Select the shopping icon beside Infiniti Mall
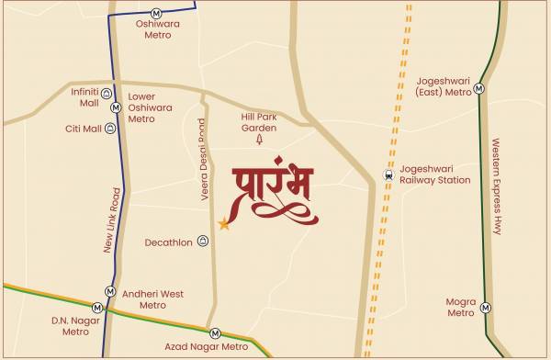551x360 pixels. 107,94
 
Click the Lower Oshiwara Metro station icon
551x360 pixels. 116,107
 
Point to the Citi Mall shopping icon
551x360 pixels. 110,129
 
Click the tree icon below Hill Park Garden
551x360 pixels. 259,141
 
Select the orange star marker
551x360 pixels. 223,223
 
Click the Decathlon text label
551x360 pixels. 169,242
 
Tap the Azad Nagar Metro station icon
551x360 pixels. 215,333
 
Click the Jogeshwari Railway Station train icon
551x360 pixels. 389,174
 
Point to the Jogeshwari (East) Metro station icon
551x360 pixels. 478,87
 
